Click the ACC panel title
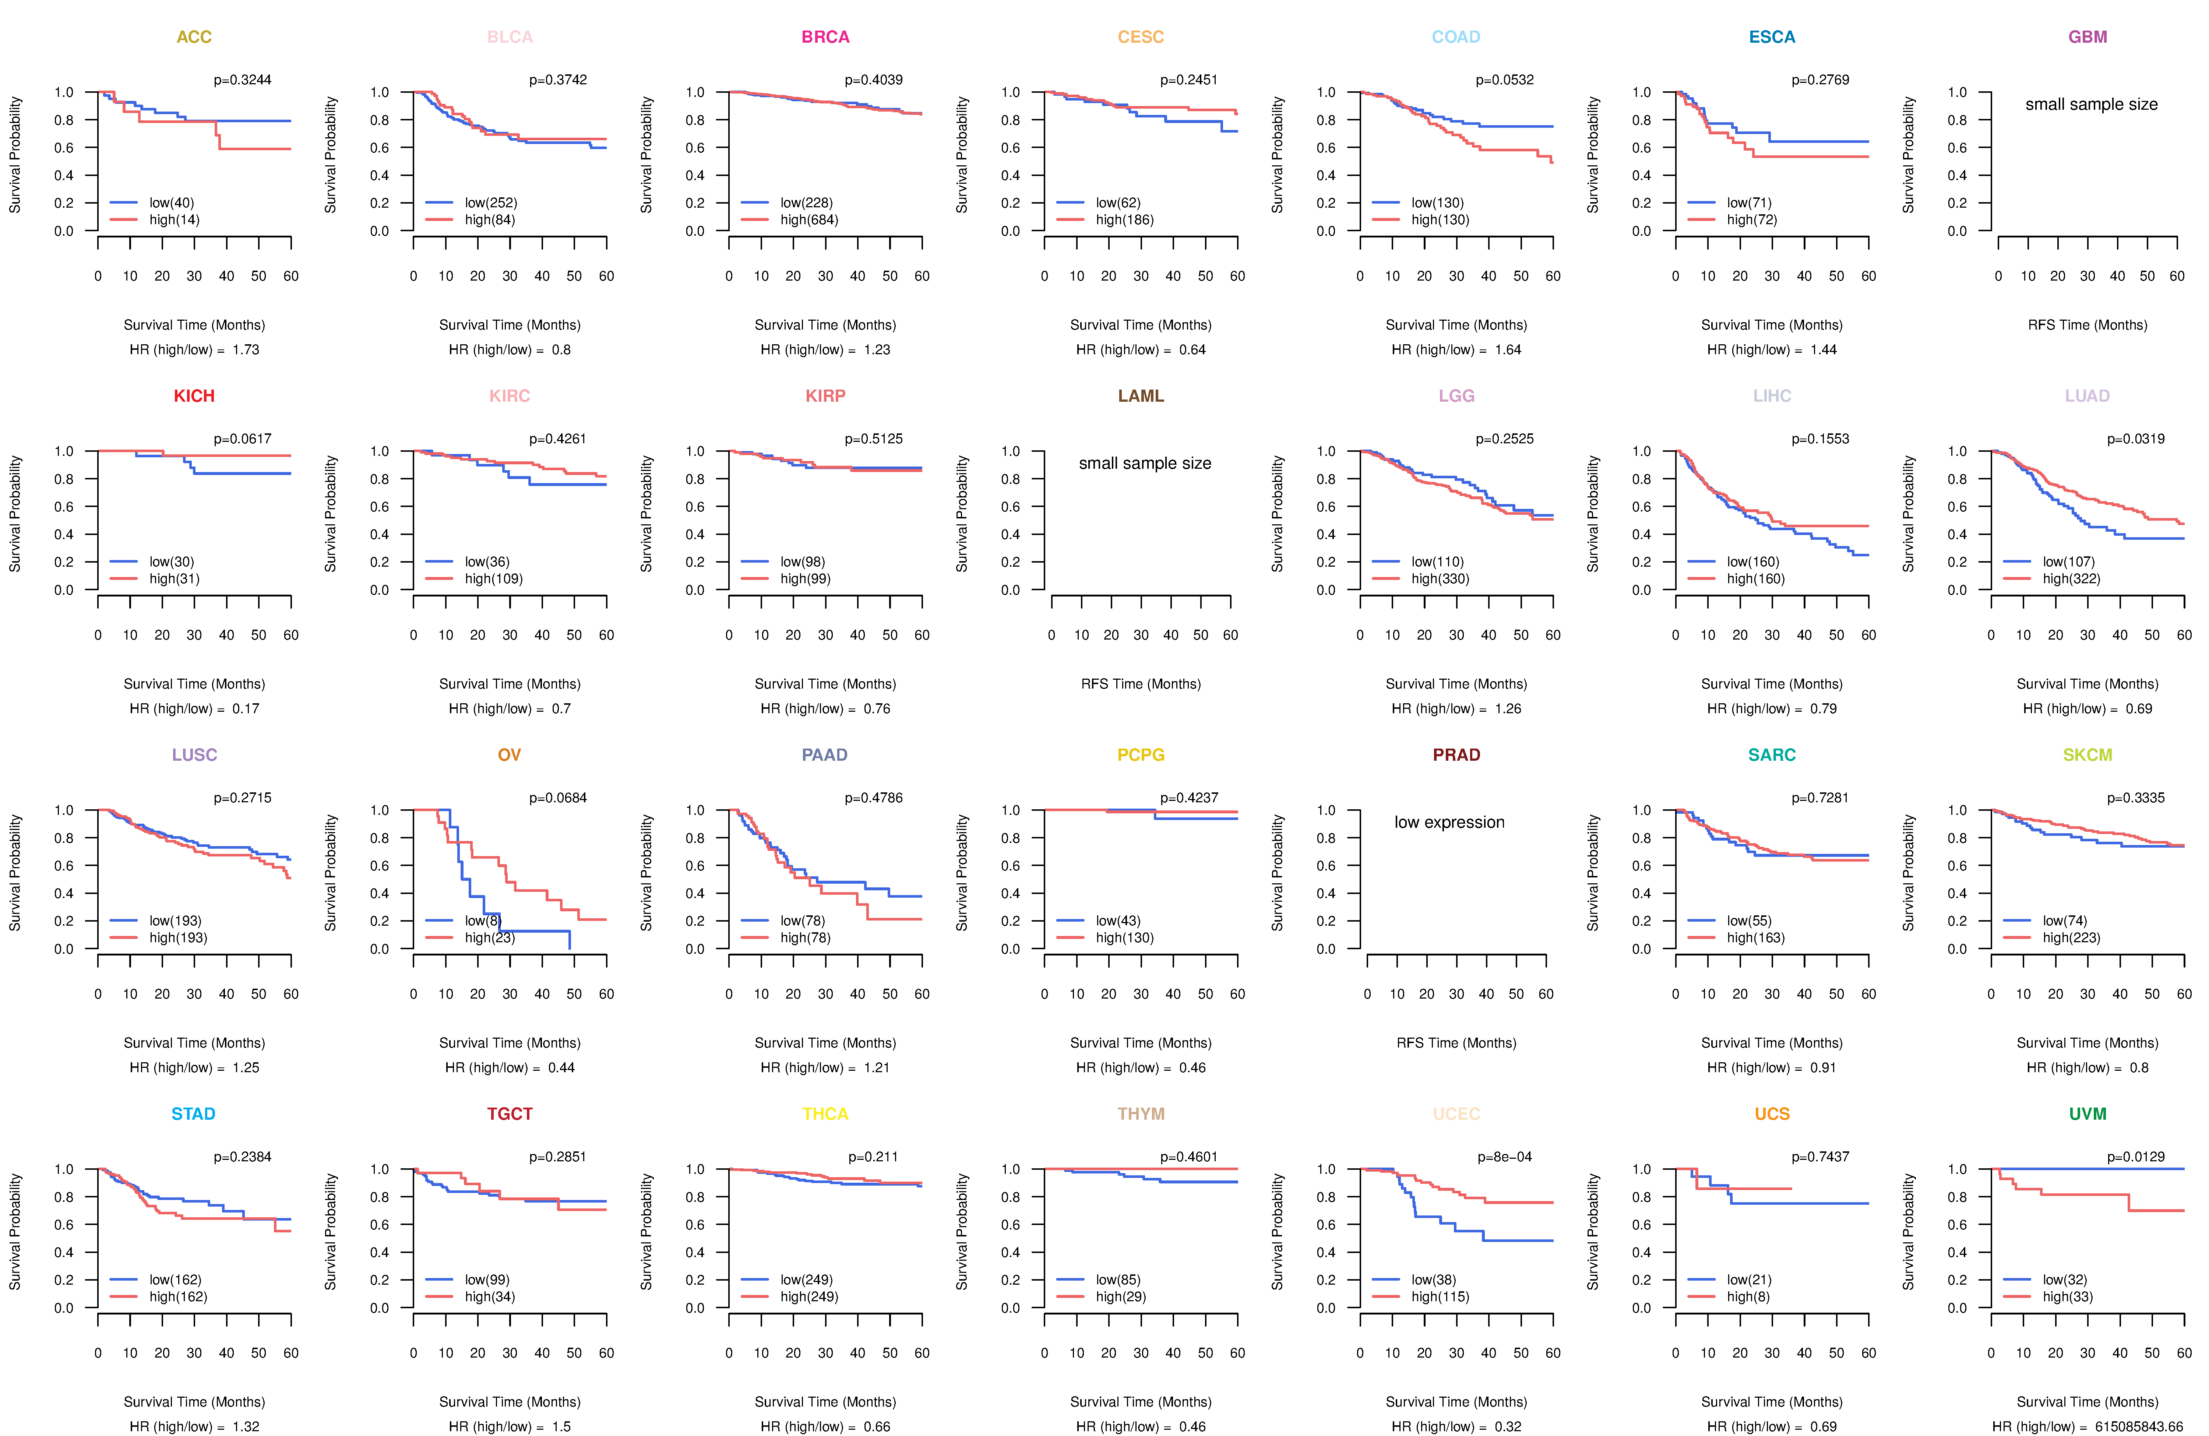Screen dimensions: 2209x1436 pos(194,37)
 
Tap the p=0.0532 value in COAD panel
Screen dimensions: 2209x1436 pos(1505,80)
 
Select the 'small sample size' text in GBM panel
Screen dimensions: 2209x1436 pos(2091,104)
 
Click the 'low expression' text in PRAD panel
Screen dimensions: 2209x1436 pos(1449,823)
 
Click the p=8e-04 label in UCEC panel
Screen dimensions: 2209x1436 pos(1505,1158)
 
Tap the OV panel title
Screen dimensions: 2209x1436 pos(510,755)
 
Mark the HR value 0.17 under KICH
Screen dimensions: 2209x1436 pos(246,709)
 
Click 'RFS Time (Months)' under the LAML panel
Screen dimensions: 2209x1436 pos(1141,684)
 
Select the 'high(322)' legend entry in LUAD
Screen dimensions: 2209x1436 pos(2071,579)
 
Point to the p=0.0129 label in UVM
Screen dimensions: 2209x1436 pos(2136,1158)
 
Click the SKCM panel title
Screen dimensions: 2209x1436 pos(2088,755)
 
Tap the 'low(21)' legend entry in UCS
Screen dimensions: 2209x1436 pos(1749,1280)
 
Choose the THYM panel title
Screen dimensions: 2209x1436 pos(1141,1114)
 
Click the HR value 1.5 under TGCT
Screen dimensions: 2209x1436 pos(561,1427)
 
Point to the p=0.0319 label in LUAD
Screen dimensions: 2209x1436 pos(2136,439)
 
